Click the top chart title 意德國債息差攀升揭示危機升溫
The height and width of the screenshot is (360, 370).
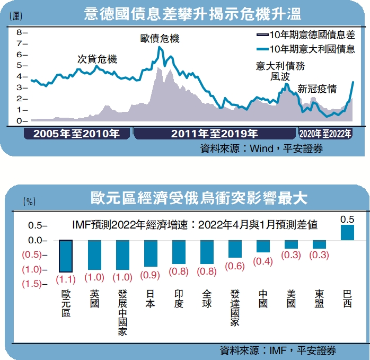pyautogui.click(x=184, y=13)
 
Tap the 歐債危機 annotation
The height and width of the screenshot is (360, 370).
pyautogui.click(x=160, y=39)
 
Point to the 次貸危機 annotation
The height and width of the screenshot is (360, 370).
pyautogui.click(x=97, y=59)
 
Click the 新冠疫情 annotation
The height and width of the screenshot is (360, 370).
pyautogui.click(x=317, y=89)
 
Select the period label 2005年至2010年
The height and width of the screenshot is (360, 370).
pyautogui.click(x=76, y=133)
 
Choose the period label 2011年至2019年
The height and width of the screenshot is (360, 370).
pyautogui.click(x=214, y=133)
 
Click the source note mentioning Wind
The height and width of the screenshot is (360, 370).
pyautogui.click(x=261, y=149)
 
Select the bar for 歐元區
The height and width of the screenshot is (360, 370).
pyautogui.click(x=66, y=256)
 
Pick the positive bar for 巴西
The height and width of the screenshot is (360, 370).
pyautogui.click(x=347, y=232)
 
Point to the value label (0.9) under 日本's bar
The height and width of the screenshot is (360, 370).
pyautogui.click(x=151, y=275)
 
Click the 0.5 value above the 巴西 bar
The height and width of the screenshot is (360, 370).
pyautogui.click(x=347, y=218)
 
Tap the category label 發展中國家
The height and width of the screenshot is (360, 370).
pyautogui.click(x=122, y=313)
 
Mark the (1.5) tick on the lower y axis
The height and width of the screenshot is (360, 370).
pyautogui.click(x=32, y=284)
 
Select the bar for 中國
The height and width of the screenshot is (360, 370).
pyautogui.click(x=263, y=246)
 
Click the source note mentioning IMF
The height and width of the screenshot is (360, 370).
pyautogui.click(x=278, y=350)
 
